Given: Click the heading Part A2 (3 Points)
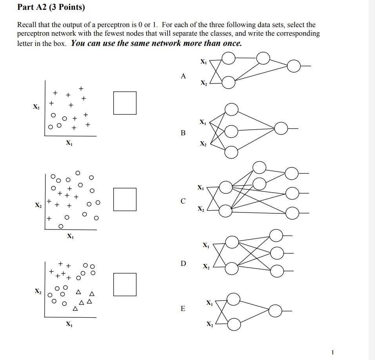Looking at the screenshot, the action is click(51, 7).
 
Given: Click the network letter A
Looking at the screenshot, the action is click(183, 76).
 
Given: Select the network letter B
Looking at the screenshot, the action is click(183, 133).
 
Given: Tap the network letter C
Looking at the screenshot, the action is click(183, 201).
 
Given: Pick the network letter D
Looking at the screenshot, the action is click(183, 263).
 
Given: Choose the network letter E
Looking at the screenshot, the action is click(183, 309).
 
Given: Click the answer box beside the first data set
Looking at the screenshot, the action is click(125, 103).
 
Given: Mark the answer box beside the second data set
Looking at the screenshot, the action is click(125, 199).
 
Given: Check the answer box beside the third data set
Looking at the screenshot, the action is click(125, 284).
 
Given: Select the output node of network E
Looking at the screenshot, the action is click(276, 311).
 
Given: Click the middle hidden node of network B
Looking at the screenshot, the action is click(232, 131).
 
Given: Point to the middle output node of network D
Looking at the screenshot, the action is click(277, 253).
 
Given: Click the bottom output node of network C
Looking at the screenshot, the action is click(292, 213).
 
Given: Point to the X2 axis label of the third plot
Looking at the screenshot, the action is click(38, 291).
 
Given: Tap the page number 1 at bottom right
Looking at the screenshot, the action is click(332, 352).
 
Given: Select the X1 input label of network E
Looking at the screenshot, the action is click(210, 303).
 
